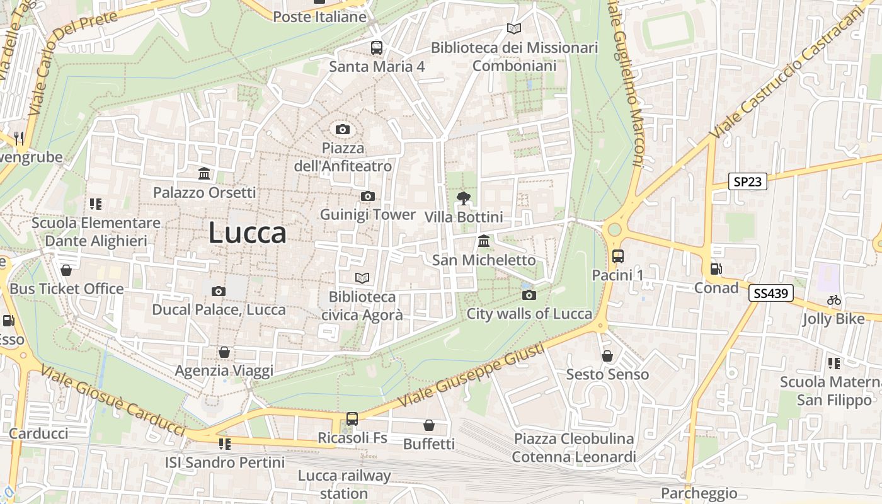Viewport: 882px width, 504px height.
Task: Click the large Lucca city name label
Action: [x=248, y=233]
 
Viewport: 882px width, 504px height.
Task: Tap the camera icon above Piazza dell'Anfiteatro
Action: [x=343, y=130]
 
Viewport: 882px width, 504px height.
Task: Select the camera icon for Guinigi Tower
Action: [x=368, y=197]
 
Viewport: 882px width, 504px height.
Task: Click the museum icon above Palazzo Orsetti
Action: [x=204, y=174]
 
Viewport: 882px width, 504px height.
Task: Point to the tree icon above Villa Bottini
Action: [x=464, y=198]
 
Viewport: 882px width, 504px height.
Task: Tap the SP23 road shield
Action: [x=748, y=182]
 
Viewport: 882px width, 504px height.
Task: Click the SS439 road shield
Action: [x=771, y=293]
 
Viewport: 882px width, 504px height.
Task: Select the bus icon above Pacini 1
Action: [x=617, y=256]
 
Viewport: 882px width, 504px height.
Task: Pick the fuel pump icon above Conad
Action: [x=716, y=269]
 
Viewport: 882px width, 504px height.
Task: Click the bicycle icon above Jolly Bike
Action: [x=834, y=301]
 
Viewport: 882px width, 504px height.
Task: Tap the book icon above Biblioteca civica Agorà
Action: [x=362, y=278]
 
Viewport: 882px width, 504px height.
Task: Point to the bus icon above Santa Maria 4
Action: [x=377, y=47]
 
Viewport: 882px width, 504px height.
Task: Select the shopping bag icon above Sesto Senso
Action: [x=607, y=356]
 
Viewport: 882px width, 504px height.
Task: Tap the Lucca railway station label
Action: [x=344, y=484]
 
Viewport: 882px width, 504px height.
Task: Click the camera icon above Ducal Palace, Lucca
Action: [x=219, y=291]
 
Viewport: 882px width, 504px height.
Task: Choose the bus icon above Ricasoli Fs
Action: [x=352, y=419]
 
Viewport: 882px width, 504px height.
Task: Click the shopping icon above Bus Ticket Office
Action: [x=66, y=270]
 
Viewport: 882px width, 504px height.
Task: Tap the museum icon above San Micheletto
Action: [x=484, y=241]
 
